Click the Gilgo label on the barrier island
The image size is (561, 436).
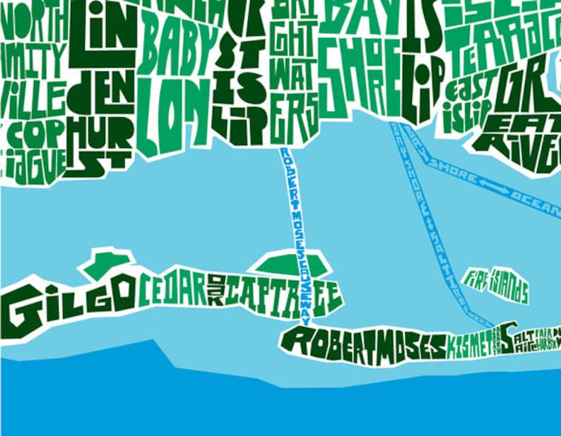pos(67,306)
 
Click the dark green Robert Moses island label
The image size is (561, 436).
pos(364,344)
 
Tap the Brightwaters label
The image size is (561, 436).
pos(292,71)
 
